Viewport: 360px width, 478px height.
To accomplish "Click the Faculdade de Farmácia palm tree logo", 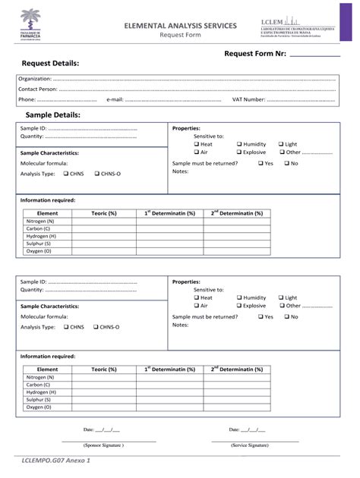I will pyautogui.click(x=37, y=24).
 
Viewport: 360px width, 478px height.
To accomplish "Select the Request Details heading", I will pyautogui.click(x=50, y=64).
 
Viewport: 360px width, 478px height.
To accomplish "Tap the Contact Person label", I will pyautogui.click(x=37, y=90).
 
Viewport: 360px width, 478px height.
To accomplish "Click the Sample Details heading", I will pyautogui.click(x=52, y=115).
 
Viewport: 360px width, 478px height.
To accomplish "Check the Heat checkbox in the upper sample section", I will pyautogui.click(x=197, y=144).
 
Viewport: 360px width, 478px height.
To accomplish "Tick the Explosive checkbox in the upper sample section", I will pyautogui.click(x=239, y=153).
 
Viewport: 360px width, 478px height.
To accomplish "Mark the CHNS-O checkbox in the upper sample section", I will pyautogui.click(x=97, y=175).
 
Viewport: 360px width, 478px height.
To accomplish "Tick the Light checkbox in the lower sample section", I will pyautogui.click(x=281, y=298).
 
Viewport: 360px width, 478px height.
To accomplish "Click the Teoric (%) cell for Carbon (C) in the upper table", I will pyautogui.click(x=103, y=228).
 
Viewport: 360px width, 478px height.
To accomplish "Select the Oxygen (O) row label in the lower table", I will pyautogui.click(x=39, y=407).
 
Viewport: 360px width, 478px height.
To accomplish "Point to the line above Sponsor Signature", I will pyautogui.click(x=109, y=440).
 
